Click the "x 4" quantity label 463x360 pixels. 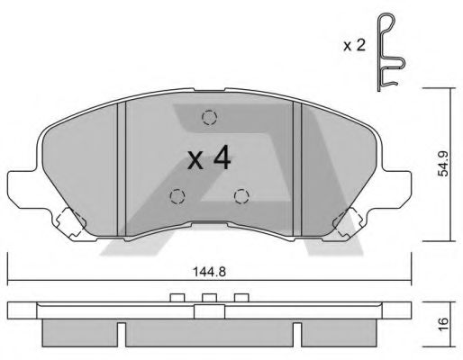pyautogui.click(x=209, y=160)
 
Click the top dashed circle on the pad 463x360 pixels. pyautogui.click(x=210, y=117)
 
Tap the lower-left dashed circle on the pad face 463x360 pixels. pyautogui.click(x=177, y=194)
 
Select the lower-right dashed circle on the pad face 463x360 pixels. pyautogui.click(x=241, y=195)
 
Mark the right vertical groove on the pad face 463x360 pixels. pyautogui.click(x=296, y=167)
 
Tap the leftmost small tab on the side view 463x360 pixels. pyautogui.click(x=177, y=298)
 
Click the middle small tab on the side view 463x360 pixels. pyautogui.click(x=209, y=298)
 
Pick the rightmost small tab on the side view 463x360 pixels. pyautogui.click(x=241, y=298)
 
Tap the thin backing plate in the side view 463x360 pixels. pyautogui.click(x=209, y=310)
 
